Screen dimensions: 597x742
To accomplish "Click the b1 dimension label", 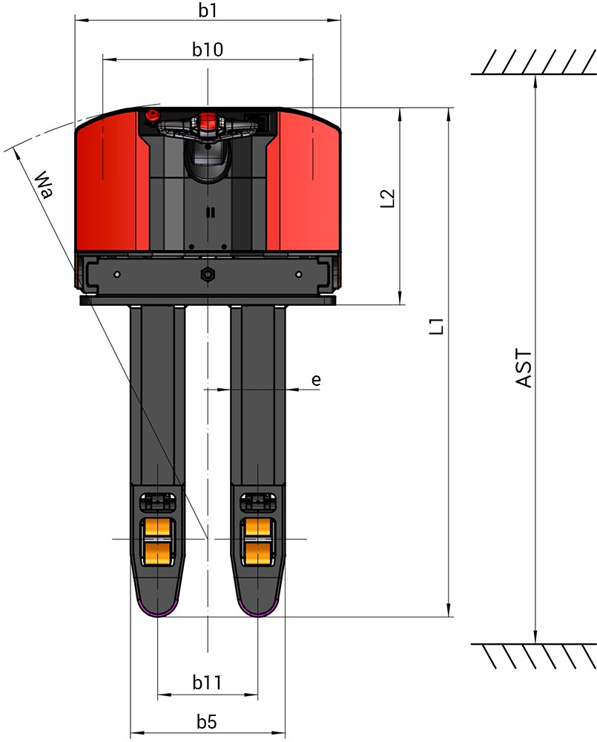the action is [x=207, y=10].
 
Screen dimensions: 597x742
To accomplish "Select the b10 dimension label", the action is [x=207, y=49].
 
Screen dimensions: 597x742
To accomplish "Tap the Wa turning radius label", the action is [x=45, y=184].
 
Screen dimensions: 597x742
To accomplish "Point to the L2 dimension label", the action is [x=387, y=198].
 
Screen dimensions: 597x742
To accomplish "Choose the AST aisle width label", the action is [x=524, y=369].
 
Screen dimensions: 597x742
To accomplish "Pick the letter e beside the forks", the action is [x=317, y=379].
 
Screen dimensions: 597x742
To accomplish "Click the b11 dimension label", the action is [x=207, y=683].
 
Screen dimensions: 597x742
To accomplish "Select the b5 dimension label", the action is [x=207, y=722].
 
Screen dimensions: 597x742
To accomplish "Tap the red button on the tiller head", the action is [x=207, y=121].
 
